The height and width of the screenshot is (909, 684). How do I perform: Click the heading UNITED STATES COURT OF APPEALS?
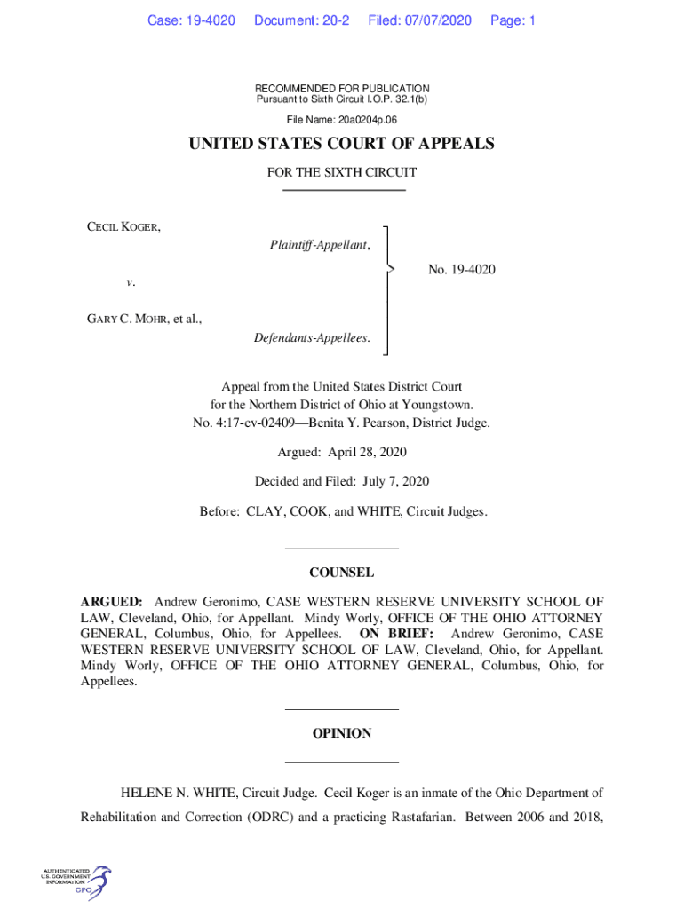click(x=342, y=145)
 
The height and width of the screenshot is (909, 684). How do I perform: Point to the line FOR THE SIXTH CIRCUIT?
click(x=342, y=172)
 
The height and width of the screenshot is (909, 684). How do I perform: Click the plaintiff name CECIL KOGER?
click(x=123, y=227)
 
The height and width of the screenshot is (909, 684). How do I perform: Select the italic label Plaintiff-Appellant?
click(x=320, y=244)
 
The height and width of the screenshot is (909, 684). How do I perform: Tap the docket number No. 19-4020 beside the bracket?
click(x=461, y=269)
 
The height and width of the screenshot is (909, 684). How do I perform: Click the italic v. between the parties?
click(x=131, y=282)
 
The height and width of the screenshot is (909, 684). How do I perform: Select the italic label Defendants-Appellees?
click(x=312, y=338)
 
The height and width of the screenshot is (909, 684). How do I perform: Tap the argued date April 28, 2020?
click(x=367, y=452)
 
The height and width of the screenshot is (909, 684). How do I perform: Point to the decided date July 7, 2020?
click(x=395, y=481)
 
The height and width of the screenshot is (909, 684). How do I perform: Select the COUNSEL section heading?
click(x=342, y=573)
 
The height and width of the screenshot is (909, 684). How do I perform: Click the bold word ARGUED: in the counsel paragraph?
click(x=112, y=602)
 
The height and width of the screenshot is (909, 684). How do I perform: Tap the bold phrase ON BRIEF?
click(x=396, y=634)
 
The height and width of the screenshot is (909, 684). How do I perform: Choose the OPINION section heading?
click(x=342, y=733)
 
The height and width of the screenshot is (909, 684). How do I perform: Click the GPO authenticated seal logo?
click(x=76, y=882)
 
